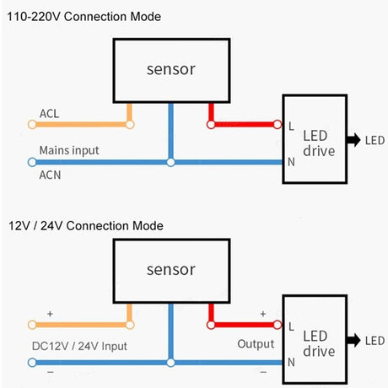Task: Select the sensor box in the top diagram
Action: (x=171, y=69)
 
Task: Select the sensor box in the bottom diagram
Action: (x=171, y=270)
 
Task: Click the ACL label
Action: (x=49, y=113)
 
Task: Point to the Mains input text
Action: (x=68, y=150)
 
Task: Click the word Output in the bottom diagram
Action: (x=255, y=343)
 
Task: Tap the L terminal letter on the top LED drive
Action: (x=291, y=126)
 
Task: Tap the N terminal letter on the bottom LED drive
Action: (x=291, y=362)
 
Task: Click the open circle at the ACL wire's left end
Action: (x=32, y=125)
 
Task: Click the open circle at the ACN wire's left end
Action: (x=32, y=162)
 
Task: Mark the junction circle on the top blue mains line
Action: (x=171, y=162)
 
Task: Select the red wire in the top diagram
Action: (x=245, y=125)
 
